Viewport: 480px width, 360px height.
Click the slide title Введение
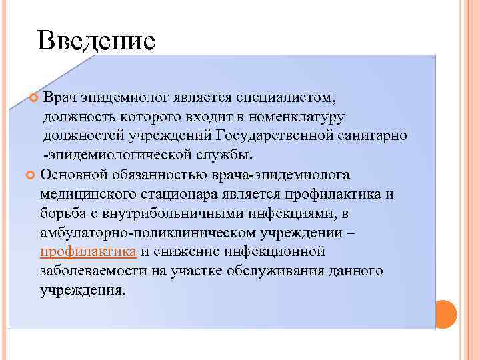pos(97,41)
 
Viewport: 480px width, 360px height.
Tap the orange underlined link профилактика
pos(89,251)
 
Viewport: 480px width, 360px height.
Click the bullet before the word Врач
pos(35,99)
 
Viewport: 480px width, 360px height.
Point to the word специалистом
pos(293,98)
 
